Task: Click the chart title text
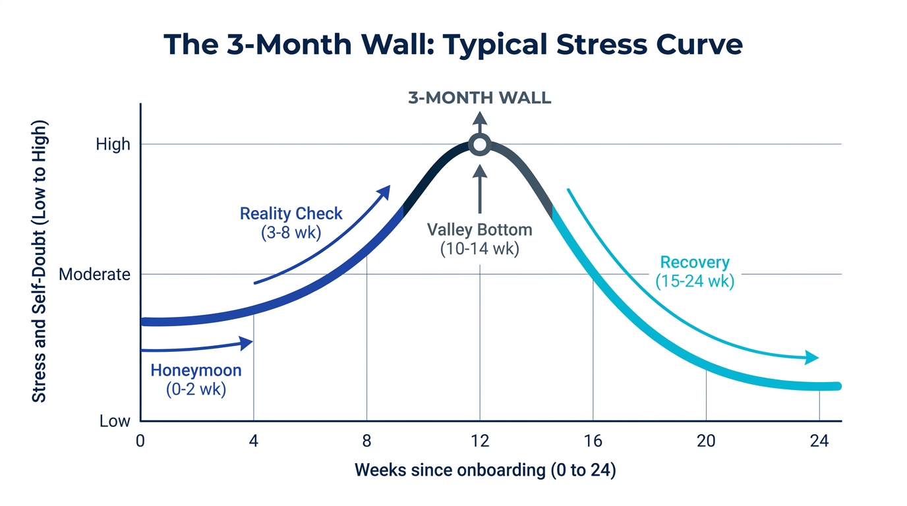point(453,44)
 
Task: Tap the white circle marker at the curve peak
point(480,144)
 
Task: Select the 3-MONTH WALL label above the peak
point(479,99)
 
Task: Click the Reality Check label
point(291,214)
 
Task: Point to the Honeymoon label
point(196,370)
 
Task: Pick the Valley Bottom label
point(479,230)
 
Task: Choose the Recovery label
point(695,263)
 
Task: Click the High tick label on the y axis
point(113,144)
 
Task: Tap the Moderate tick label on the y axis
point(95,274)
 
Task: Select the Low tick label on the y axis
point(115,421)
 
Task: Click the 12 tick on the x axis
point(479,441)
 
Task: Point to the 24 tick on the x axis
point(819,441)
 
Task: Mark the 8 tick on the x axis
point(366,441)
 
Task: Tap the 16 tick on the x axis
point(593,441)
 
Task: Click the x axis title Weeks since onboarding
point(485,470)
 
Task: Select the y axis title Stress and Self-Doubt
point(40,261)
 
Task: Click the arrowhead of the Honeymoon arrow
point(247,343)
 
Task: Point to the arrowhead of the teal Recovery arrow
point(813,358)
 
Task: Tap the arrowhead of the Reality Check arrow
point(384,191)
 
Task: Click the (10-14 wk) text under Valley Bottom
point(479,250)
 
